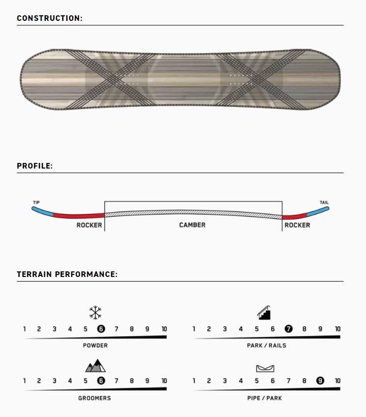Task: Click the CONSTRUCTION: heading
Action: pyautogui.click(x=50, y=18)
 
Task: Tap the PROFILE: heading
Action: pyautogui.click(x=35, y=165)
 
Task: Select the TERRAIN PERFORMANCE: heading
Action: pyautogui.click(x=67, y=274)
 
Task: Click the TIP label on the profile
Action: pyautogui.click(x=36, y=202)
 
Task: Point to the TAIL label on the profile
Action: pyautogui.click(x=324, y=202)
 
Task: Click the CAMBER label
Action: pyautogui.click(x=192, y=225)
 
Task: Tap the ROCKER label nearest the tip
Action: pyautogui.click(x=89, y=225)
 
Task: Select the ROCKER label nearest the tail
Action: pyautogui.click(x=297, y=225)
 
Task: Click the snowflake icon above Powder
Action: pyautogui.click(x=95, y=312)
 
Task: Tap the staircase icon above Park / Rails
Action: pyautogui.click(x=264, y=313)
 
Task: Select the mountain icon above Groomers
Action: pyautogui.click(x=95, y=366)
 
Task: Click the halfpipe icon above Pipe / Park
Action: pyautogui.click(x=265, y=368)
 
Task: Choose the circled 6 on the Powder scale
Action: pyautogui.click(x=101, y=329)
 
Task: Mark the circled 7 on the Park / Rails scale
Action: pyautogui.click(x=289, y=329)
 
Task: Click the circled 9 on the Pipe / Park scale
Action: pyautogui.click(x=320, y=381)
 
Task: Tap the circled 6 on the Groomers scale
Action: pyautogui.click(x=101, y=381)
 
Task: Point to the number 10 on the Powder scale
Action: pyautogui.click(x=164, y=329)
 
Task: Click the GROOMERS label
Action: pyautogui.click(x=94, y=398)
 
